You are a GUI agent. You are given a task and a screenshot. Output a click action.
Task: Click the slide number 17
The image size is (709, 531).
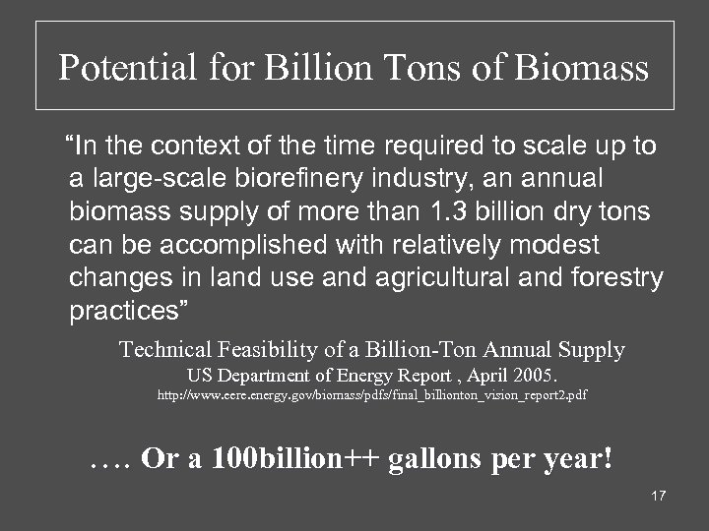(x=658, y=495)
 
